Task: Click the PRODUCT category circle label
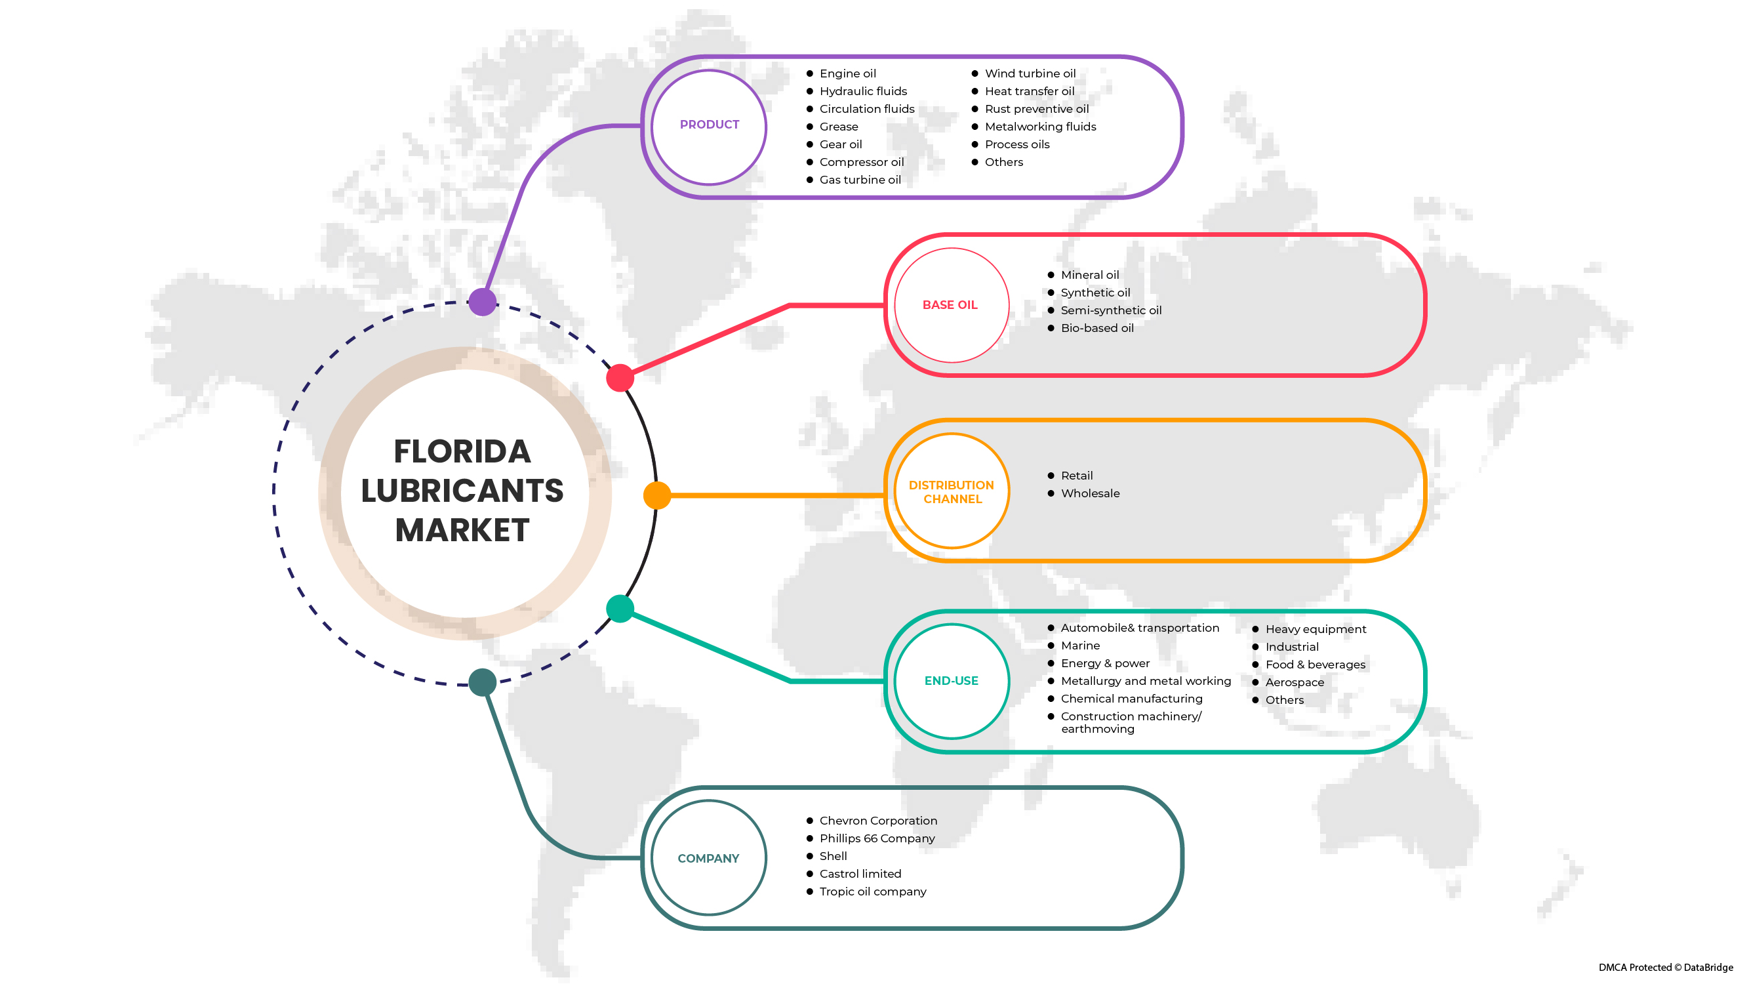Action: pos(710,125)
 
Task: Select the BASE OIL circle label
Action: pos(950,306)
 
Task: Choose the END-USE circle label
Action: pos(951,681)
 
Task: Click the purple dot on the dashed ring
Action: pos(483,302)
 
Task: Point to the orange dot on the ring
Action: pos(657,496)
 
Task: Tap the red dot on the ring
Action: pos(620,379)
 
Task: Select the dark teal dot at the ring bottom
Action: pos(483,682)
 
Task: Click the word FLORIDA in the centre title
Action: pos(462,452)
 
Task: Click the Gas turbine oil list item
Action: pos(860,180)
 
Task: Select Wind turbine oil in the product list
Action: pos(1030,73)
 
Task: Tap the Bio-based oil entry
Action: pos(1097,329)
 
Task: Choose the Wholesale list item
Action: pos(1091,494)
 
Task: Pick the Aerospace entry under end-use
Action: pos(1294,682)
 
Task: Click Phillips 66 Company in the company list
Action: pos(877,838)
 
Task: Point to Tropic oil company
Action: pos(872,892)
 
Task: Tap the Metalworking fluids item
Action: pos(1040,127)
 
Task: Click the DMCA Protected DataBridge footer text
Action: pos(1666,968)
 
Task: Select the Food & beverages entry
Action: pos(1315,665)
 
